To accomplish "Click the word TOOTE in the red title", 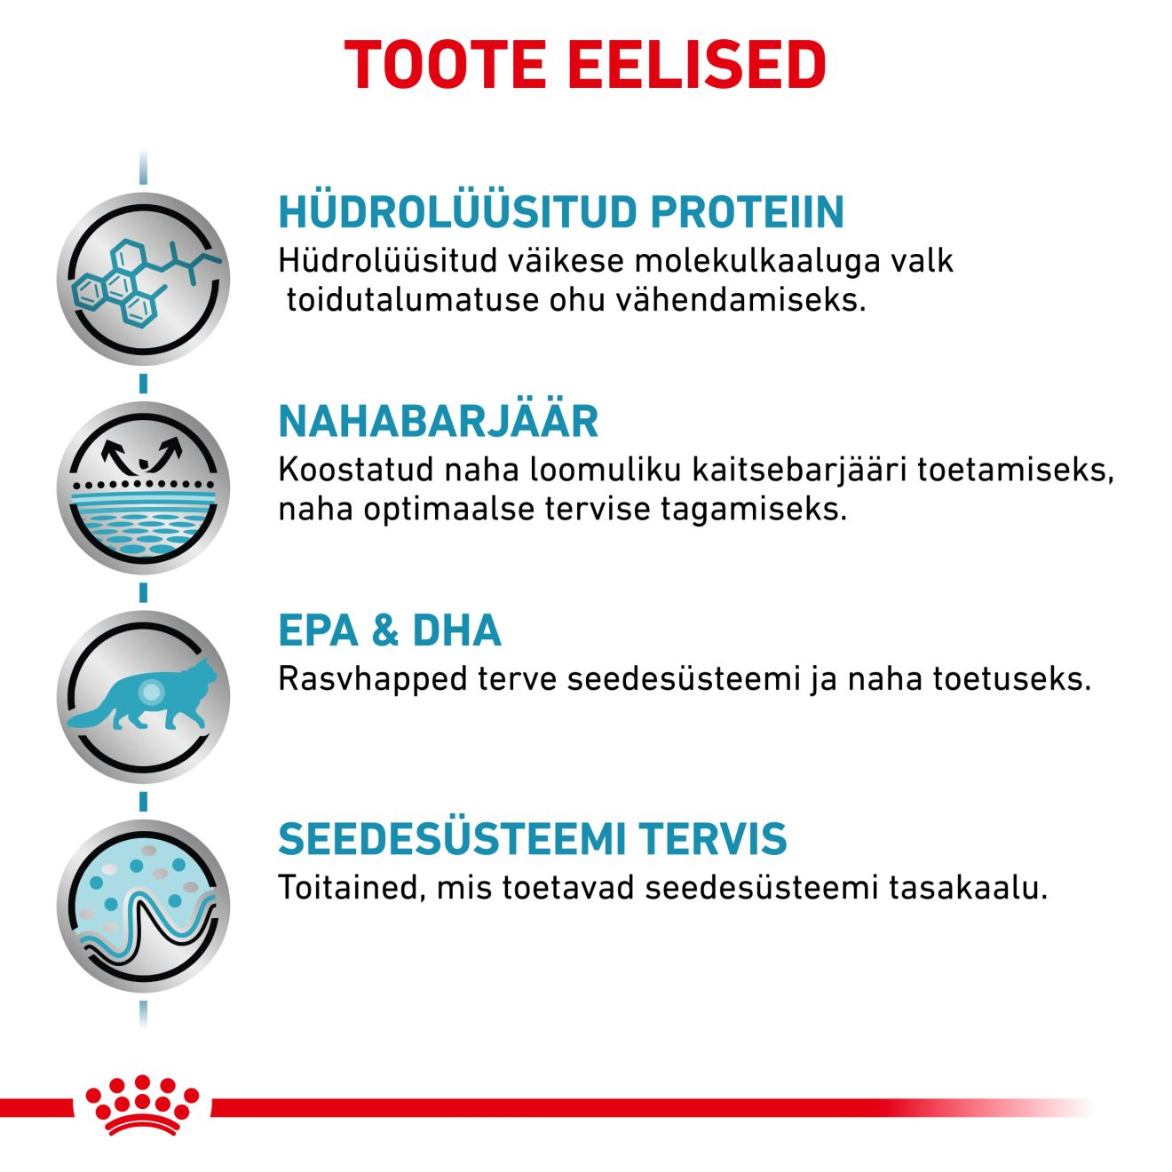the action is coord(445,65).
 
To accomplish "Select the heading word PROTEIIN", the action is coord(747,211).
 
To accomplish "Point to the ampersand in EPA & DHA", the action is coord(385,630).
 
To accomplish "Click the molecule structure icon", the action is coord(144,279).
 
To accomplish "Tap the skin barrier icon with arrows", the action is coord(144,487).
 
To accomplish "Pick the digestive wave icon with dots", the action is coord(144,906).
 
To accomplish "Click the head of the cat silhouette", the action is coord(203,671).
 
